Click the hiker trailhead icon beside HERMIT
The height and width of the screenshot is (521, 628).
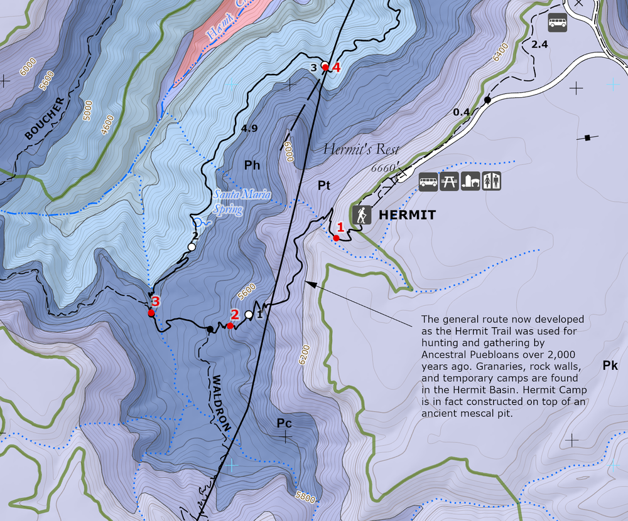pos(362,215)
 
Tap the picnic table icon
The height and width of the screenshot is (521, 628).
pos(449,182)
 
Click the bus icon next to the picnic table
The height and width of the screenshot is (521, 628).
pos(428,182)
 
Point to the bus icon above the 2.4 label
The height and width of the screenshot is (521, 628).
pos(557,23)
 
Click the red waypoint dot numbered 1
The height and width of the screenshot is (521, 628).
pos(337,238)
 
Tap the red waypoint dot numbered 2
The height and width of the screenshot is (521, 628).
pos(230,325)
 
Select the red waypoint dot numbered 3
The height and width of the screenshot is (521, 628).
pos(151,313)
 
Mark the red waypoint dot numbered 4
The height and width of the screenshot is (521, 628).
pos(325,66)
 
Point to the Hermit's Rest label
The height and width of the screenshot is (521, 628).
pos(361,149)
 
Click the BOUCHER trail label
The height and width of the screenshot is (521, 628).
pos(45,118)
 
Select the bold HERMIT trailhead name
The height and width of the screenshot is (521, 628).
pos(407,216)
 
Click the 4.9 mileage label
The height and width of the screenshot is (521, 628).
pos(249,129)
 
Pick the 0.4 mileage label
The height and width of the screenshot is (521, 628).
pos(462,112)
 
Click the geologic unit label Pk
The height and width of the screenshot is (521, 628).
pos(610,366)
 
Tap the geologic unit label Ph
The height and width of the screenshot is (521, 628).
pos(252,166)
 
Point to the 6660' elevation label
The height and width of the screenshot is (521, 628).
pos(384,168)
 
